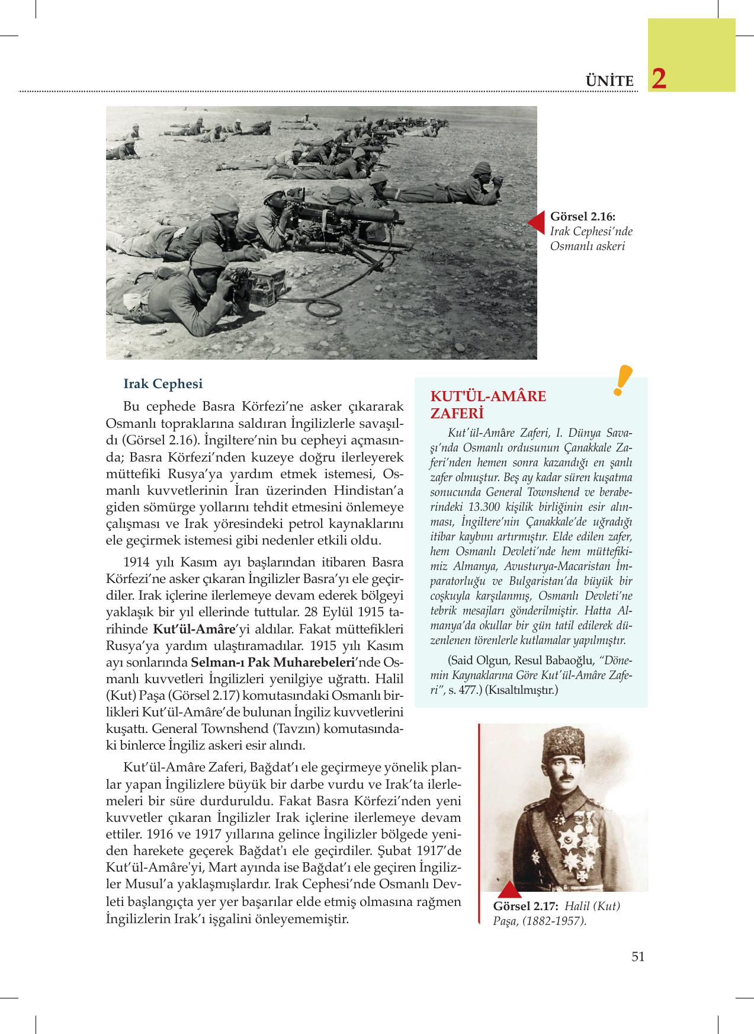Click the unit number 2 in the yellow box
(x=659, y=79)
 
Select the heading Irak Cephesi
(x=162, y=383)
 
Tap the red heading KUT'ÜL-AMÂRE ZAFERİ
(x=487, y=404)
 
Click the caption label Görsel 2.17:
(x=525, y=906)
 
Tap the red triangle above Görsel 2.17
(x=509, y=891)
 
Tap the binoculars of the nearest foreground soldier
(x=239, y=276)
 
